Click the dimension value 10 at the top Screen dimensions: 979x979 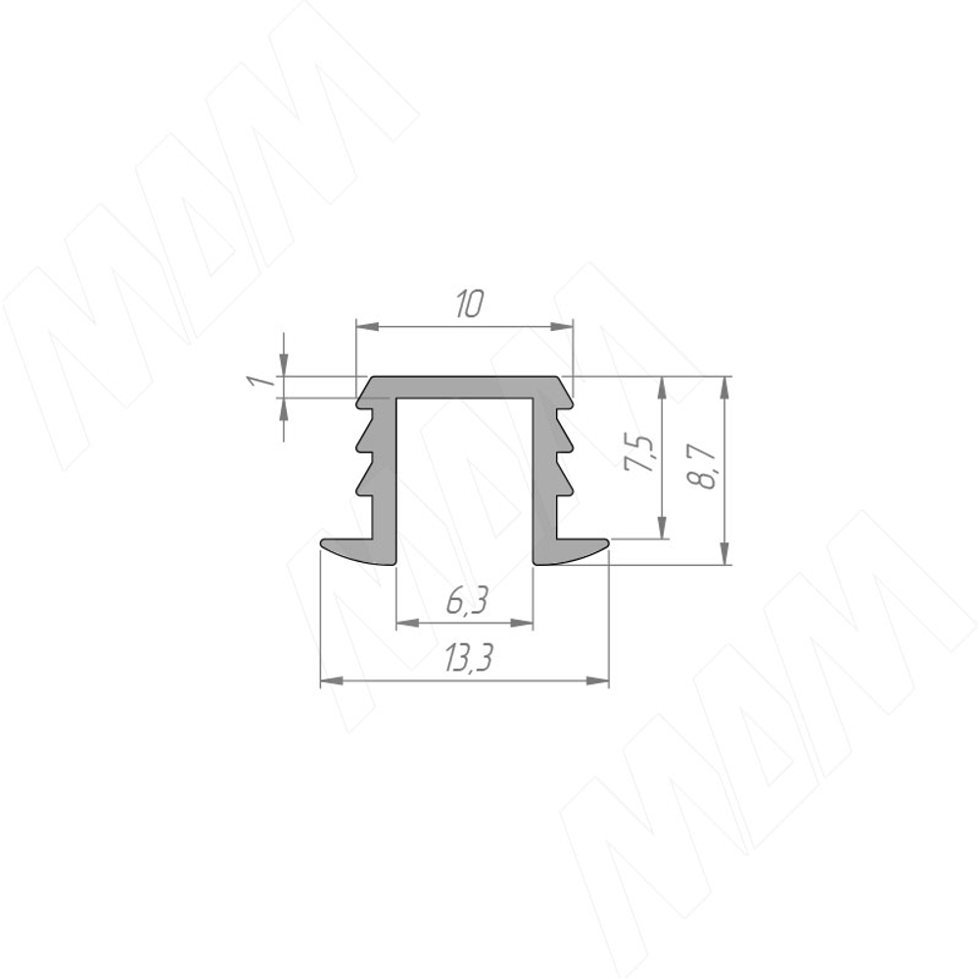click(470, 303)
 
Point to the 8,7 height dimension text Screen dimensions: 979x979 click(700, 466)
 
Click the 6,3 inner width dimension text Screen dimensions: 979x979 click(466, 602)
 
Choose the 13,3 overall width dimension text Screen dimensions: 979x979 click(468, 659)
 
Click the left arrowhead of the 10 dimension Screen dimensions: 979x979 click(367, 326)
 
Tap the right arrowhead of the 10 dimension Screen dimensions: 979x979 click(561, 326)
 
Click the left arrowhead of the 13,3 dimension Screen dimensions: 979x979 click(332, 680)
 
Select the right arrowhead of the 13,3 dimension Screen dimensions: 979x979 click(597, 680)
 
